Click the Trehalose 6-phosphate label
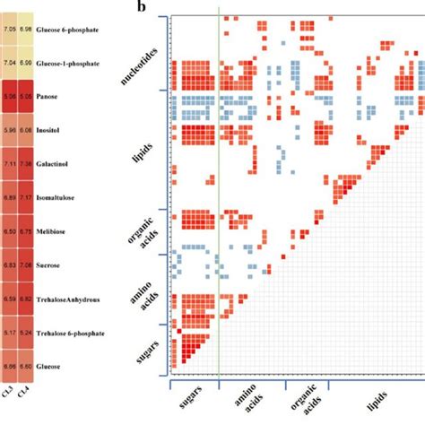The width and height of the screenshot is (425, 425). tap(77, 333)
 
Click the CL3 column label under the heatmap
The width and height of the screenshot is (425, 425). tap(9, 389)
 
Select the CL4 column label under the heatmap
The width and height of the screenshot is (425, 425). tap(26, 389)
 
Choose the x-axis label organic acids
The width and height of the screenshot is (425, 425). tap(307, 403)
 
